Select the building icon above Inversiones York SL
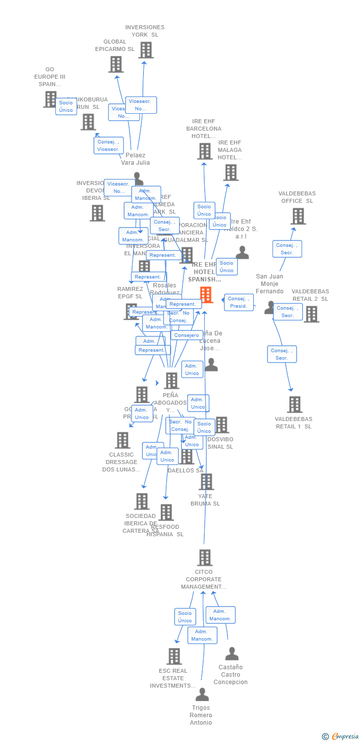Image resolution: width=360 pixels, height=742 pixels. pos(146,50)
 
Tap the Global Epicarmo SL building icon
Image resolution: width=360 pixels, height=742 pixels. pos(116,64)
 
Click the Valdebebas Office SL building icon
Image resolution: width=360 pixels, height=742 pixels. pos(298,216)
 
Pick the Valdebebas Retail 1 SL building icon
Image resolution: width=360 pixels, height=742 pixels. pos(295,405)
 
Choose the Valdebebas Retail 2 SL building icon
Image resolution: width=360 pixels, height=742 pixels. pos(311,314)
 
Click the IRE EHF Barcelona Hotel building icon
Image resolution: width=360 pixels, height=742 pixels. pos(205,151)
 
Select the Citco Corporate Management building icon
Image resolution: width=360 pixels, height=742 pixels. pos(205,557)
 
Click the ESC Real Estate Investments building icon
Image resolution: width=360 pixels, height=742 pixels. pos(174,656)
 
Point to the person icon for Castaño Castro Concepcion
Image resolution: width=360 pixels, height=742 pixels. pos(231,654)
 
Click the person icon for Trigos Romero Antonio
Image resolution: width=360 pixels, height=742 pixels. pos(202,695)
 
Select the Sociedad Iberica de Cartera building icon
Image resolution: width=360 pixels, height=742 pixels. pos(142,502)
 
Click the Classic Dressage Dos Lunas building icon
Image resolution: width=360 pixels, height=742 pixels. pos(122,440)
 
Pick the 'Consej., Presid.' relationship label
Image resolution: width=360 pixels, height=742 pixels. pos(238,302)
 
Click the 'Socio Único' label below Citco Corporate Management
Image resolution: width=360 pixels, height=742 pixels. pos(185,617)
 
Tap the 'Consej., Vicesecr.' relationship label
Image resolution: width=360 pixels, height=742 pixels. pos(108,145)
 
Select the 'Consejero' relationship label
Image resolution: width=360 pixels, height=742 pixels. pos(186,335)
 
